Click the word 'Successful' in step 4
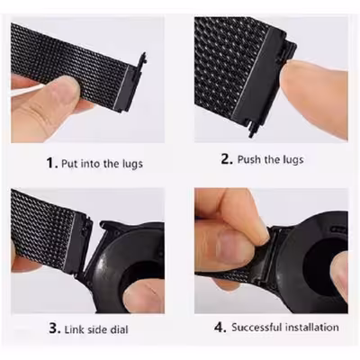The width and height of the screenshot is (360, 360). [261, 327]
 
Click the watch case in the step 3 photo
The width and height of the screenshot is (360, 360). [126, 261]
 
